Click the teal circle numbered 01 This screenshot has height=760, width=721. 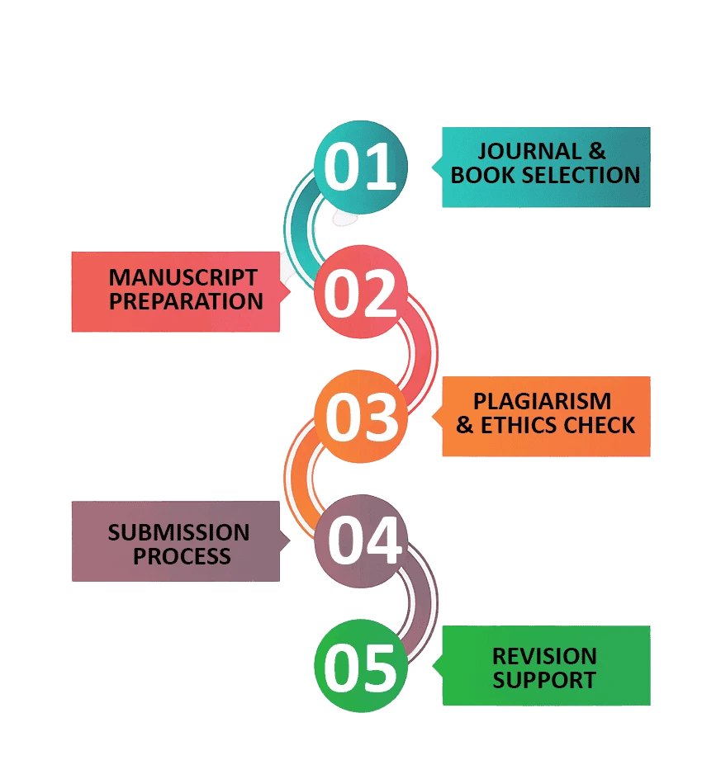pos(361,167)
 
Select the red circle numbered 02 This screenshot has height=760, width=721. pos(361,291)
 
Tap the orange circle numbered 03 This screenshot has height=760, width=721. pos(361,417)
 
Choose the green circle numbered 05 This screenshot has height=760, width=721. pos(361,667)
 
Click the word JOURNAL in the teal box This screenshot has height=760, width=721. pos(518,152)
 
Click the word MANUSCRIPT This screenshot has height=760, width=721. pos(183,277)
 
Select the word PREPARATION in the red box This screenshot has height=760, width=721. pos(186,301)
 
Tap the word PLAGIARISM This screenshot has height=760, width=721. pos(542,401)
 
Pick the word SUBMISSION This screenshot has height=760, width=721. pos(178,532)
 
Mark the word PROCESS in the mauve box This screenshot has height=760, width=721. pos(182,556)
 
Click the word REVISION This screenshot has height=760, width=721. pos(544,656)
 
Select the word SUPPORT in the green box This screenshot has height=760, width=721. pos(544,681)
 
